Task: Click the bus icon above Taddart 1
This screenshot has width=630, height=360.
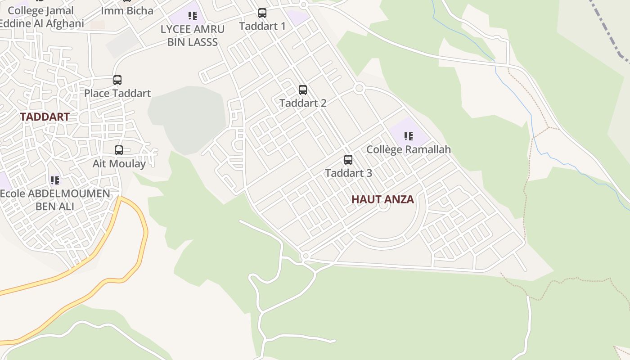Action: [x=262, y=13]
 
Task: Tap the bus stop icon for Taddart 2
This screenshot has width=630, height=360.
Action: [x=303, y=90]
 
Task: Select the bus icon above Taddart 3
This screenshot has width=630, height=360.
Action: [x=348, y=160]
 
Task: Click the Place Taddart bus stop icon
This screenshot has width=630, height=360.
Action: [x=117, y=80]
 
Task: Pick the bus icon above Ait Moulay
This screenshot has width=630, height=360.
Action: [x=119, y=150]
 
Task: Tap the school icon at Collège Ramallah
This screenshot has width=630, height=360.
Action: [x=409, y=136]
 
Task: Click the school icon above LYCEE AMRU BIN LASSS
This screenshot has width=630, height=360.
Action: [x=193, y=16]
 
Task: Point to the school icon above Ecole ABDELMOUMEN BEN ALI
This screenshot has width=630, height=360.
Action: [x=55, y=180]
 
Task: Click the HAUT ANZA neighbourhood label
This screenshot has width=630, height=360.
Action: [x=382, y=199]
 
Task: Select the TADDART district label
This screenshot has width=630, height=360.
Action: [x=45, y=117]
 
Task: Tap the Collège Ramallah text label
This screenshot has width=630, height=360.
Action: [x=409, y=149]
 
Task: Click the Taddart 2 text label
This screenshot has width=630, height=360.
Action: [x=303, y=103]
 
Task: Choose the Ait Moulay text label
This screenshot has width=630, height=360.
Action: [x=119, y=163]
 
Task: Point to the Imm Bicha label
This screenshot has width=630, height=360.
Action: [x=127, y=11]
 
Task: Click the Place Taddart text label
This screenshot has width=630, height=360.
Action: [x=117, y=93]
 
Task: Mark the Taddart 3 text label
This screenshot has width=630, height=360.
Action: [x=348, y=173]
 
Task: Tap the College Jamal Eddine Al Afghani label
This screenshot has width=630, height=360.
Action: [x=41, y=17]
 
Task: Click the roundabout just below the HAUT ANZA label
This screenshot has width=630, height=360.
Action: [x=383, y=207]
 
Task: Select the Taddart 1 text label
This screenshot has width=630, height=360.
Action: [x=262, y=26]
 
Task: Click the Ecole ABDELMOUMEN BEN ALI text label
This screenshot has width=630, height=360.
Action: [x=55, y=200]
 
